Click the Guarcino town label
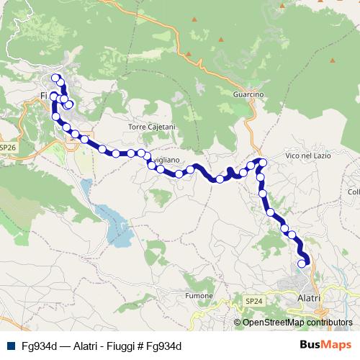250,94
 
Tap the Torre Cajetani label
151,127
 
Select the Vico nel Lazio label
307,156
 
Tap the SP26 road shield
8,147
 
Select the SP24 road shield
253,300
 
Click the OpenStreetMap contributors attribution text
297,323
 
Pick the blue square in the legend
11,346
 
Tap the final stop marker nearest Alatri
302,264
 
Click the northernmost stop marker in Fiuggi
55,78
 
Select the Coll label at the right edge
353,192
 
